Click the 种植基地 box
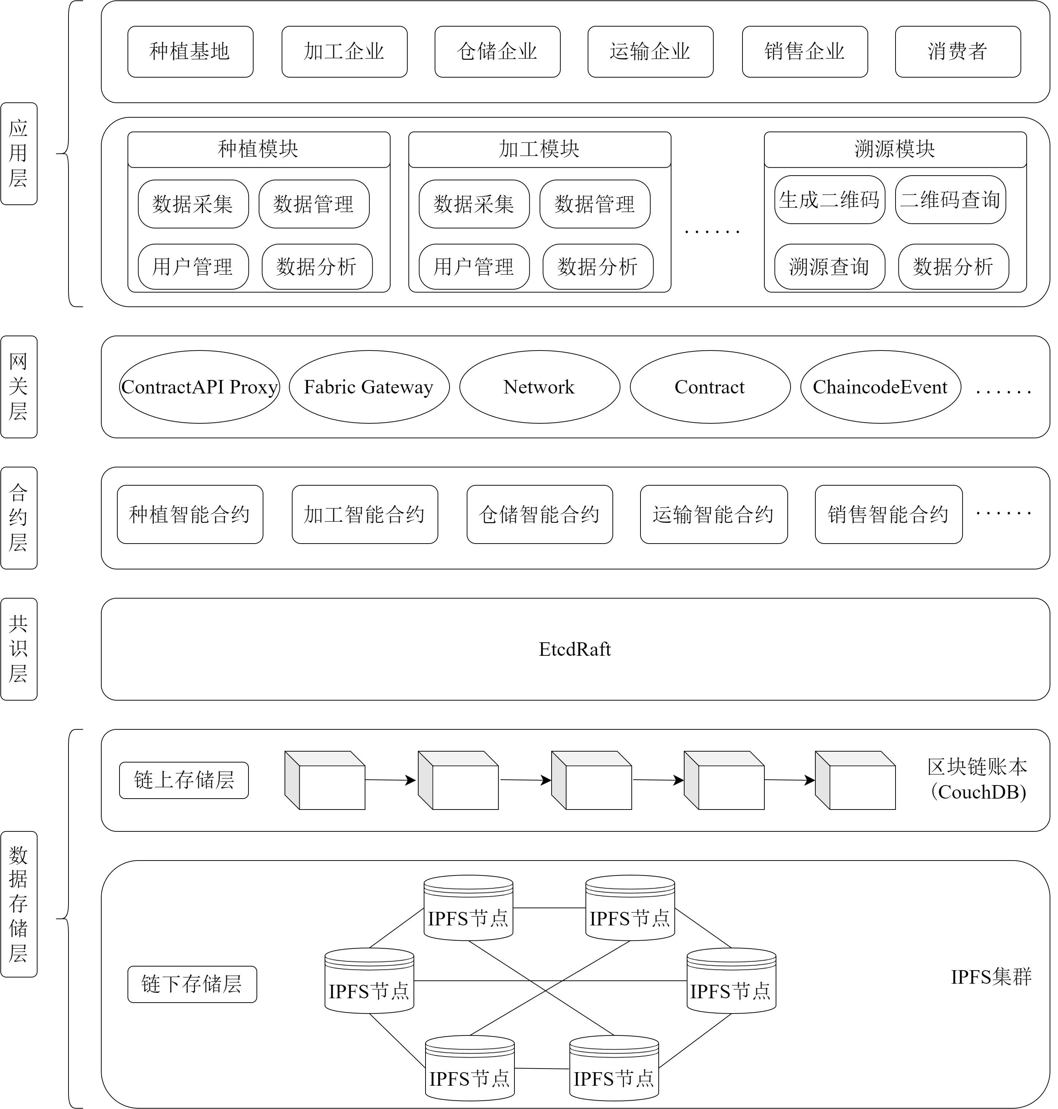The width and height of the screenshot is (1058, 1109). (x=190, y=51)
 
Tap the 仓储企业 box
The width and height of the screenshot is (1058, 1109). (x=497, y=51)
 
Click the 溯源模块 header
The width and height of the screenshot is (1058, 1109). (x=895, y=149)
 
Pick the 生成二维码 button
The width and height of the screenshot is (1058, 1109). (x=830, y=200)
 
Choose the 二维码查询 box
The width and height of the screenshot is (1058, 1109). (x=950, y=200)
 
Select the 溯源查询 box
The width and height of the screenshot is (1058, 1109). (x=830, y=267)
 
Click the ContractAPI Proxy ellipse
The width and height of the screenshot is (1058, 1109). (x=200, y=387)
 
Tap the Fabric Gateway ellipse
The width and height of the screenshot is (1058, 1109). (x=369, y=387)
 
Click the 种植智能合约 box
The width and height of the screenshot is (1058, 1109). (x=190, y=514)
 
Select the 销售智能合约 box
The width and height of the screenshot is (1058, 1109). (x=889, y=514)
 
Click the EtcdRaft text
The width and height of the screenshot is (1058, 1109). (x=575, y=649)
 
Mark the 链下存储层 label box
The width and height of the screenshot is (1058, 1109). (x=192, y=984)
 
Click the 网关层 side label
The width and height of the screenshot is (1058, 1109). (x=19, y=387)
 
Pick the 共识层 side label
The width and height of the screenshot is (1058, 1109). (x=19, y=649)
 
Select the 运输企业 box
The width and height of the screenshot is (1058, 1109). (x=650, y=51)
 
